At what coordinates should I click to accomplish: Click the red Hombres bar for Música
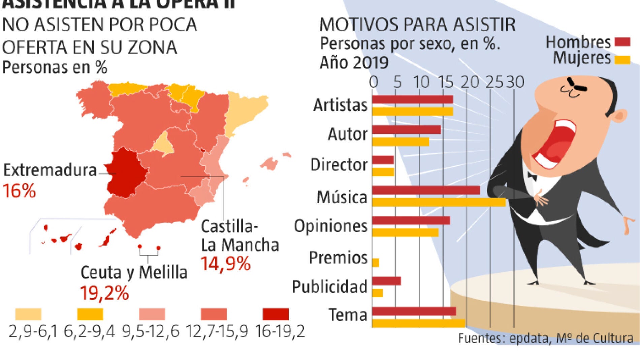[426, 190]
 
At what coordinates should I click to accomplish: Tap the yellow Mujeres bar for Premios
[376, 263]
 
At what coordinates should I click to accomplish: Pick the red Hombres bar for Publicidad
[386, 281]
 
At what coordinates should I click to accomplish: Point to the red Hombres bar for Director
[383, 160]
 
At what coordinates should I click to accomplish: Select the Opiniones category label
[330, 226]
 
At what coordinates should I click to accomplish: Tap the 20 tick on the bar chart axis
[470, 83]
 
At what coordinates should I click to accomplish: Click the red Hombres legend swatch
[622, 42]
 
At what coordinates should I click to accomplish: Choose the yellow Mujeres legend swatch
[622, 60]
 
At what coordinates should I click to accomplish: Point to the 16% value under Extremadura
[19, 191]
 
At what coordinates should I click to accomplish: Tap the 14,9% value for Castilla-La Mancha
[226, 264]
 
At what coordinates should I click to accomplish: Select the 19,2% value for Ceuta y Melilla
[104, 293]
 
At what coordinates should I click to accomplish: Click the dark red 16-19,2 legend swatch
[276, 314]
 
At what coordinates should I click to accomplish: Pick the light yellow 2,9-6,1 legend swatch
[28, 314]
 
